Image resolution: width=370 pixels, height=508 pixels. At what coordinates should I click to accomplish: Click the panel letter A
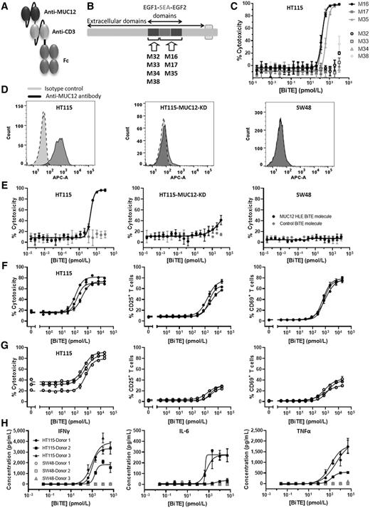6,6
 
